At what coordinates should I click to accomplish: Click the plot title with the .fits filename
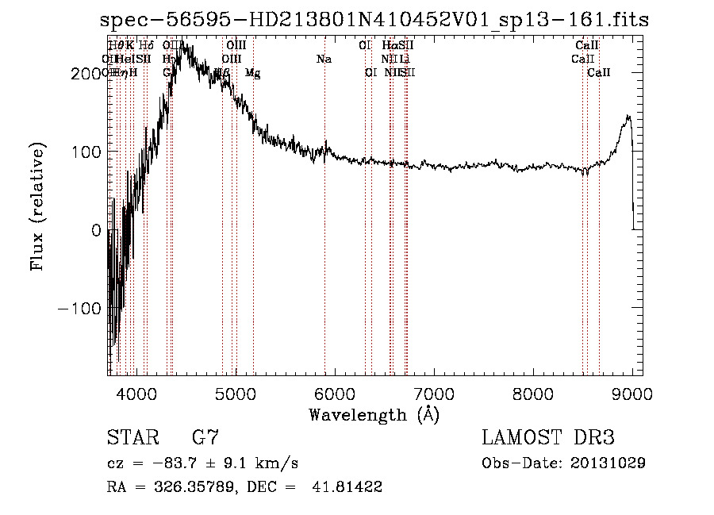coord(374,21)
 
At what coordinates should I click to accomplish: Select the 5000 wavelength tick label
coord(235,394)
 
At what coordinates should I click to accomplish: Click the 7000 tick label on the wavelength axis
coord(434,394)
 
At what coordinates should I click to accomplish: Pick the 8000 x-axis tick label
coord(533,394)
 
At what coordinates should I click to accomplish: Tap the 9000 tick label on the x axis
coord(632,394)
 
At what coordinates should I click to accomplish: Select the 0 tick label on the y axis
coord(97,230)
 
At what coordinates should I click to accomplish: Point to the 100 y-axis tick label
coord(86,152)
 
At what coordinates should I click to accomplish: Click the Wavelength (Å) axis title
coord(374,414)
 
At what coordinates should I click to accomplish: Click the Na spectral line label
coord(324,59)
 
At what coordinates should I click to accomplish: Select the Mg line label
coord(252,73)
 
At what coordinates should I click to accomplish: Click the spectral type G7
coord(205,438)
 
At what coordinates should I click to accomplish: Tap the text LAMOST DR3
coord(547,438)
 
